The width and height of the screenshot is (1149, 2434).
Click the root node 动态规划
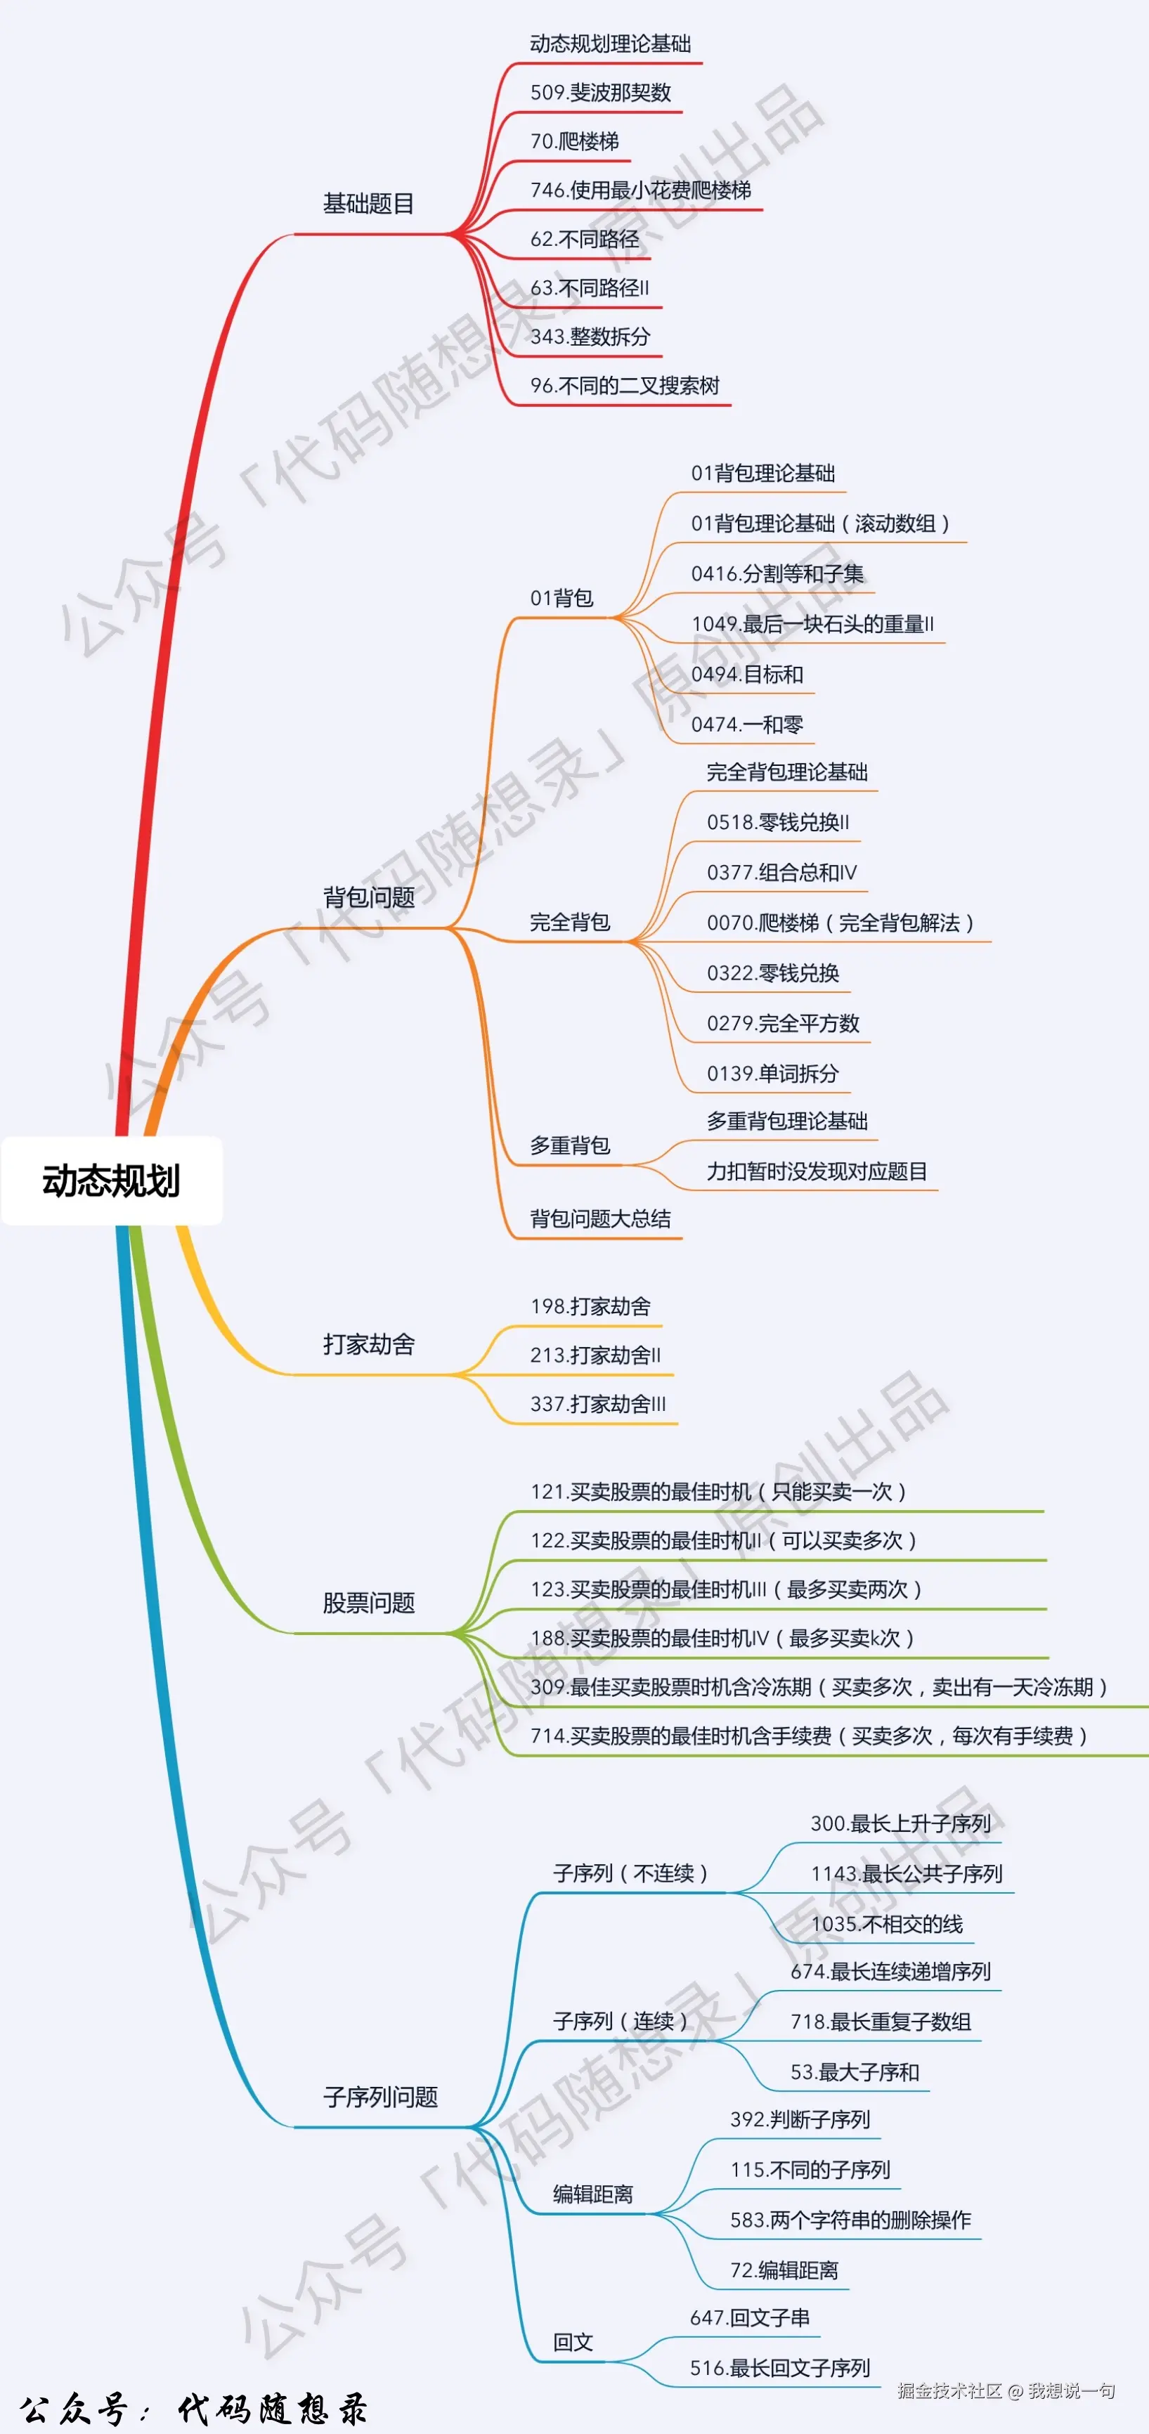[112, 1181]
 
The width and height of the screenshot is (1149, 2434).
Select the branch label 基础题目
[368, 204]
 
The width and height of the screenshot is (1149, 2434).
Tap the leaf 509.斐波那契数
[600, 93]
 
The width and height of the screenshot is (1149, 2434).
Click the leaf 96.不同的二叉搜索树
[625, 386]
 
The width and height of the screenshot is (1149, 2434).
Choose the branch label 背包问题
[368, 897]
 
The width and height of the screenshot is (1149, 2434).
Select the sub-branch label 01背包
[561, 598]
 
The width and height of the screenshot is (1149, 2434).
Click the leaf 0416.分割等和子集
[777, 573]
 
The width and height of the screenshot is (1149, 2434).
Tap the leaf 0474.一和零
[746, 724]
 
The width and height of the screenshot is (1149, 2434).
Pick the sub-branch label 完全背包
[570, 922]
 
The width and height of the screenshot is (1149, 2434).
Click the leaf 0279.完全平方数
[782, 1023]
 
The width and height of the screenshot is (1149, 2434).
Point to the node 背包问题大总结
[600, 1219]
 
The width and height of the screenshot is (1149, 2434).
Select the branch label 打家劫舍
[368, 1345]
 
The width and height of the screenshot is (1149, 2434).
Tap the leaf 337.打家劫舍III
[597, 1404]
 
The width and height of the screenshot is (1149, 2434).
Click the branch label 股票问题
[368, 1603]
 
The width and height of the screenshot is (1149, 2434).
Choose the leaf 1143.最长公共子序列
[905, 1874]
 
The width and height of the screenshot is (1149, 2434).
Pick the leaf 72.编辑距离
[784, 2270]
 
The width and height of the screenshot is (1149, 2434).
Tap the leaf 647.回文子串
[749, 2318]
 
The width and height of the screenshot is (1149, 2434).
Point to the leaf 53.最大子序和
[854, 2072]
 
